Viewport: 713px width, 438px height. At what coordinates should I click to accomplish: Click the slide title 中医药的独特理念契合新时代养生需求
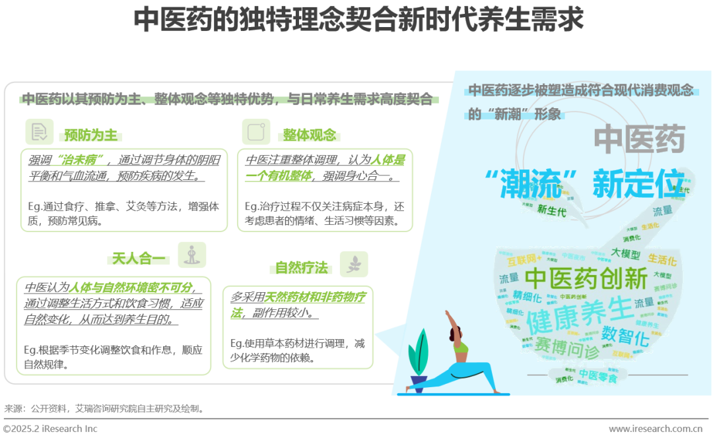coord(358,20)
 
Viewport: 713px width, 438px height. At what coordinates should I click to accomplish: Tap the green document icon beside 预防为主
coord(39,132)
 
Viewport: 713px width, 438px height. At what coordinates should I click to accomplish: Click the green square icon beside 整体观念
coord(255,132)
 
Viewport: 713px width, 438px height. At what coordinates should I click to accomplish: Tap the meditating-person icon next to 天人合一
coord(192,255)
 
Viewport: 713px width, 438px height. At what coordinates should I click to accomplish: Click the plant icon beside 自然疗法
coord(353,264)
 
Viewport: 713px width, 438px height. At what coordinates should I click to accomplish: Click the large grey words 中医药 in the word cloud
coord(639,140)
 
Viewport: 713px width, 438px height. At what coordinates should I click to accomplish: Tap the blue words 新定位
coord(638,184)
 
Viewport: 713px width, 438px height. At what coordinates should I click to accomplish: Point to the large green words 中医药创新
coord(586,278)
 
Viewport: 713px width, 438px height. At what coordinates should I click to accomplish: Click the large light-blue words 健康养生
coord(579,315)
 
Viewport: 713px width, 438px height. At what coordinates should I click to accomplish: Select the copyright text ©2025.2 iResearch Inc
coord(50,429)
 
